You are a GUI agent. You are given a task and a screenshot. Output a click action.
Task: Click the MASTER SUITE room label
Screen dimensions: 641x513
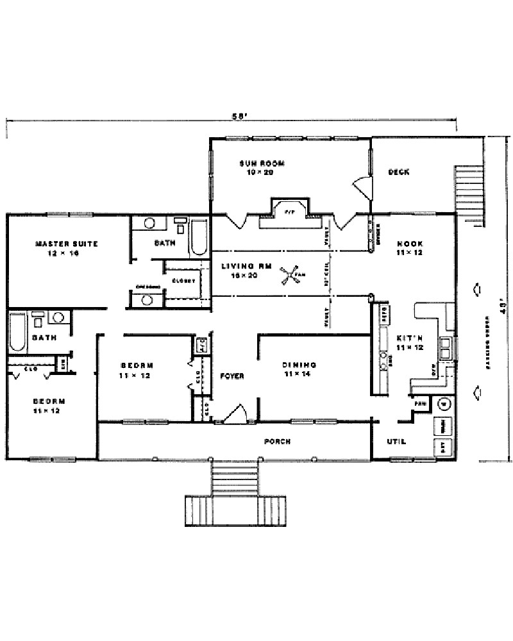(66, 244)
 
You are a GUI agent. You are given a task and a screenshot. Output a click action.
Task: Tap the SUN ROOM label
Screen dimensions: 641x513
(262, 163)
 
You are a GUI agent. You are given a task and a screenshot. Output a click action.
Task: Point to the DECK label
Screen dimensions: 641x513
(399, 172)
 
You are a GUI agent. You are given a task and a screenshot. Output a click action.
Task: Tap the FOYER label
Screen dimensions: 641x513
(231, 376)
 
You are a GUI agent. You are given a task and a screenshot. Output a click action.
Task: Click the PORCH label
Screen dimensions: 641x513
(277, 442)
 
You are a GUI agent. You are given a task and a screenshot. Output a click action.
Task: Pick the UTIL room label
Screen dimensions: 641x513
(396, 442)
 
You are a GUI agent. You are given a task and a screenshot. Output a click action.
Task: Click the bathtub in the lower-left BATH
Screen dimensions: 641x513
(18, 333)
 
